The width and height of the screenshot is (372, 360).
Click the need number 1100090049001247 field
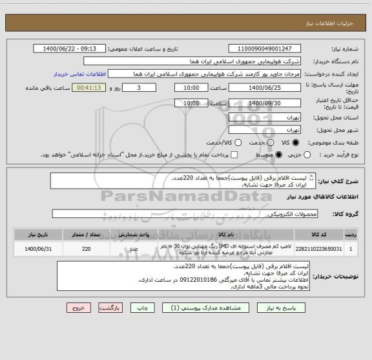(265, 49)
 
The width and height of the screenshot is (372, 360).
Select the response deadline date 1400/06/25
(265, 87)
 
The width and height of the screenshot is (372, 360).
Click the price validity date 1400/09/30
(265, 103)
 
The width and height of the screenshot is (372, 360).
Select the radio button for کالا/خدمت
(238, 142)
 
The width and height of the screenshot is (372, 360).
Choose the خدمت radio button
(271, 142)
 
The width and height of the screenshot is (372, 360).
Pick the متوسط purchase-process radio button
(279, 154)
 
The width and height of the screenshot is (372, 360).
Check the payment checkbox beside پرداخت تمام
(234, 154)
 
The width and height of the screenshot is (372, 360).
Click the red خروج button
(79, 309)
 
